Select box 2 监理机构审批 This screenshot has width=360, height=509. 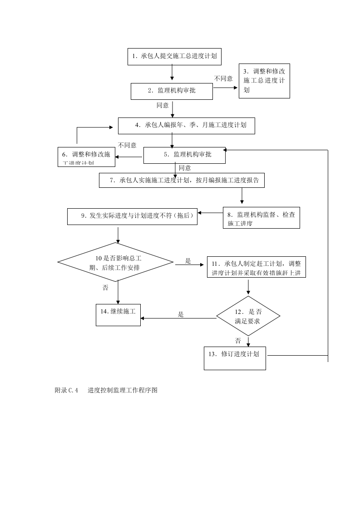tap(172, 91)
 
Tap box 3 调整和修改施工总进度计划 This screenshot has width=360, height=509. tap(264, 81)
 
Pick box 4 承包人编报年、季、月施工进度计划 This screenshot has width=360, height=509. tap(186, 125)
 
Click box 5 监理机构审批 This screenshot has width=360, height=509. tap(184, 155)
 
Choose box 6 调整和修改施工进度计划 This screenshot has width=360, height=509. tap(86, 157)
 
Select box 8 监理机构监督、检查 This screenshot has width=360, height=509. tap(261, 218)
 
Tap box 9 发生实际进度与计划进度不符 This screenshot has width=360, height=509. tap(133, 216)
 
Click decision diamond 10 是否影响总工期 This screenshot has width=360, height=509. tap(115, 263)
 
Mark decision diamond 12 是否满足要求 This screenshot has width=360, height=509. tap(248, 316)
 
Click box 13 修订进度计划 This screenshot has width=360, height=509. tap(234, 358)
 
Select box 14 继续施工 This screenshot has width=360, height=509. tap(118, 314)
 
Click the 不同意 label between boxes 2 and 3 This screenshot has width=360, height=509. tap(223, 78)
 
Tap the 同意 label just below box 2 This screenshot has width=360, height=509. tap(163, 105)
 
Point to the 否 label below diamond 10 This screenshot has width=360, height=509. tap(105, 288)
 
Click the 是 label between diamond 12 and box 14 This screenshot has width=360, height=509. tap(181, 314)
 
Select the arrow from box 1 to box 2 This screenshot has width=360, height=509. tap(172, 73)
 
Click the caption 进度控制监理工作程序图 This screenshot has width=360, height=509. tap(123, 390)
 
